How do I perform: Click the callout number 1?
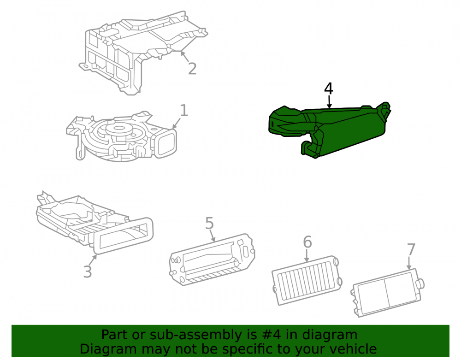coord(184,111)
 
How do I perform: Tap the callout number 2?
coord(192,69)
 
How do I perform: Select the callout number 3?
coord(88,271)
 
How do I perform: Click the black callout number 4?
coord(328,89)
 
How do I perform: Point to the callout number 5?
coord(209,224)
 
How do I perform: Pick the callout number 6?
coord(307,242)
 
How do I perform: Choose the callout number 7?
coord(411,249)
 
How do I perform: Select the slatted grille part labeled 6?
coord(307,280)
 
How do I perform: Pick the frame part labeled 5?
coord(212,260)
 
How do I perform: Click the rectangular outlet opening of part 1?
coord(166,143)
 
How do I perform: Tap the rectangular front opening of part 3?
coord(124,236)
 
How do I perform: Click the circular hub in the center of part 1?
coord(118,129)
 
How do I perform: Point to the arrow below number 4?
coord(329,102)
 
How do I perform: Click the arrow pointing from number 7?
coord(409,263)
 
